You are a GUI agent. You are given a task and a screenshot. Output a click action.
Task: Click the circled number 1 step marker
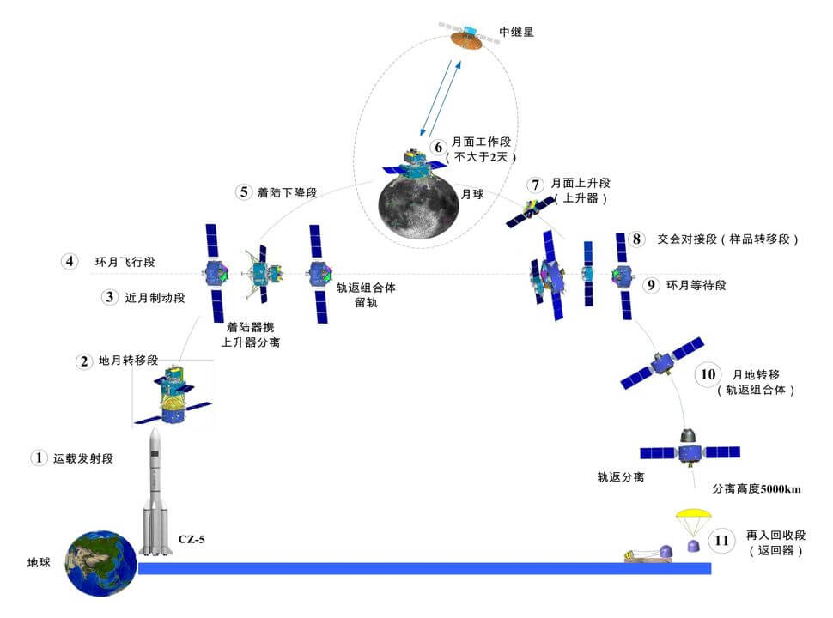pyautogui.click(x=38, y=457)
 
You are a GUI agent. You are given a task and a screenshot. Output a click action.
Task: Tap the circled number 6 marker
pyautogui.click(x=438, y=147)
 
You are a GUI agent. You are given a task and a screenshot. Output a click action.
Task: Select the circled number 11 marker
pyautogui.click(x=722, y=541)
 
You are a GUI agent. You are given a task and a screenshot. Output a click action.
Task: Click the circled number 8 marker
pyautogui.click(x=636, y=239)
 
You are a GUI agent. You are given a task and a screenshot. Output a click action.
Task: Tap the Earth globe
pyautogui.click(x=101, y=563)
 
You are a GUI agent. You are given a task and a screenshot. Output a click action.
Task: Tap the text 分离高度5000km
pyautogui.click(x=757, y=489)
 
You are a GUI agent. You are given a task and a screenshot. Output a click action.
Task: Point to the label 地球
pyautogui.click(x=40, y=564)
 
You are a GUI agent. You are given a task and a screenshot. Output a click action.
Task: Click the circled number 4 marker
pyautogui.click(x=70, y=260)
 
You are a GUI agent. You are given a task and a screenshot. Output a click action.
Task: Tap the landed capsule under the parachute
pyautogui.click(x=693, y=547)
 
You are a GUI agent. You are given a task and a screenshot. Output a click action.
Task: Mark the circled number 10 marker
pyautogui.click(x=708, y=374)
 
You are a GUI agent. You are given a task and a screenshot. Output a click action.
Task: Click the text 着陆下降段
pyautogui.click(x=287, y=192)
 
